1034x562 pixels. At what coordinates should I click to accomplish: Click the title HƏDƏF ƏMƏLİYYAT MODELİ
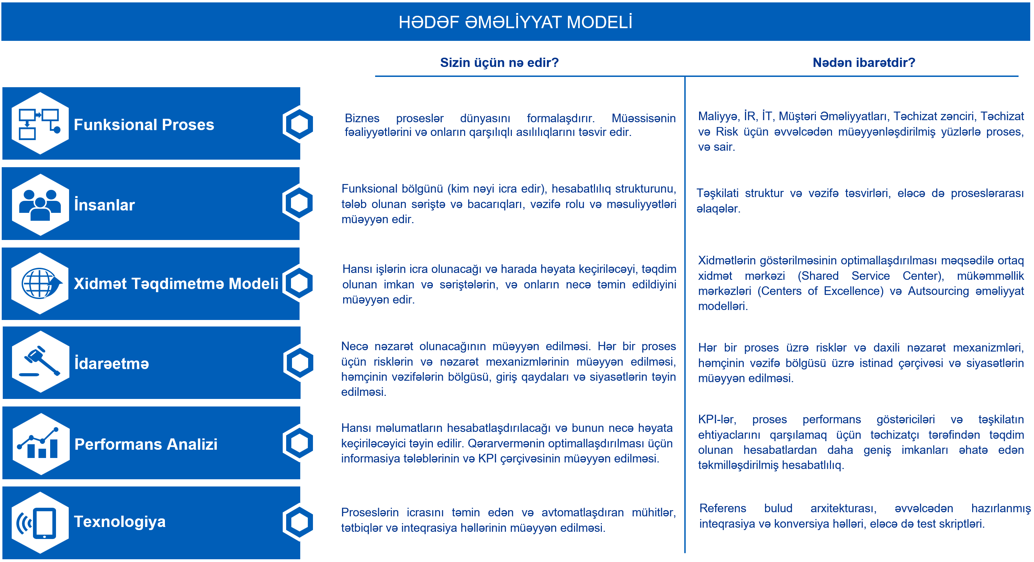click(x=515, y=22)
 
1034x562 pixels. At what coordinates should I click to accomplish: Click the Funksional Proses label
click(x=144, y=124)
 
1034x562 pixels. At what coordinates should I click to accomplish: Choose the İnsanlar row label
click(x=104, y=205)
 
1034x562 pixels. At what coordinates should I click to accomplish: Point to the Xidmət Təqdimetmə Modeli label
click(x=176, y=284)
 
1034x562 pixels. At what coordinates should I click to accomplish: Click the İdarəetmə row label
click(x=112, y=364)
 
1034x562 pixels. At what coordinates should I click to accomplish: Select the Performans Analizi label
click(x=146, y=444)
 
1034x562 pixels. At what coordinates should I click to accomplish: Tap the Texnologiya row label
click(x=120, y=521)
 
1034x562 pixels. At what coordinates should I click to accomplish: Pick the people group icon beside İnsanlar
click(x=40, y=205)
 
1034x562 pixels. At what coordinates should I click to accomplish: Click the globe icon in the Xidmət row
click(x=40, y=283)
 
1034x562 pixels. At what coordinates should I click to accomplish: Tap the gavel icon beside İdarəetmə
click(x=40, y=362)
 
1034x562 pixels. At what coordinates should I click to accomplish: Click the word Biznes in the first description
click(x=362, y=118)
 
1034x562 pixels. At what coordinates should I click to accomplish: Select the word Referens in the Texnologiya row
click(x=722, y=508)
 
